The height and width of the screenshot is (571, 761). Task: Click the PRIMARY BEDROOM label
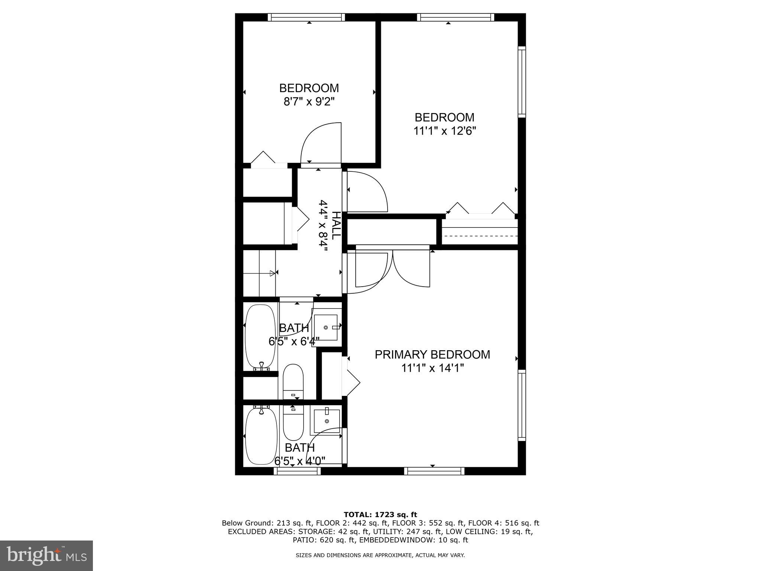point(432,354)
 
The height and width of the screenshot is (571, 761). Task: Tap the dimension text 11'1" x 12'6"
point(444,131)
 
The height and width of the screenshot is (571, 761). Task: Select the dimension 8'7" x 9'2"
point(309,101)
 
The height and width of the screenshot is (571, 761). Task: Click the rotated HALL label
point(336,226)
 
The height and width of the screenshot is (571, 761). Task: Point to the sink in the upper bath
point(326,328)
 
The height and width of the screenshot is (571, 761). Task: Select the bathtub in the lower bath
point(262,436)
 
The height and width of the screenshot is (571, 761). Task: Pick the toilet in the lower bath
point(293,423)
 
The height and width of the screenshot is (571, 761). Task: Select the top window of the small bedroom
point(306,17)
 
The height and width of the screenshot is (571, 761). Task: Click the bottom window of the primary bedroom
point(434,471)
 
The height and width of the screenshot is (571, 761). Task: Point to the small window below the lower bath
point(297,471)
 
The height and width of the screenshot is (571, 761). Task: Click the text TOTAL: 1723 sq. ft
point(380,515)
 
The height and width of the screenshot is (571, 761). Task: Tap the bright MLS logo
point(46,555)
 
